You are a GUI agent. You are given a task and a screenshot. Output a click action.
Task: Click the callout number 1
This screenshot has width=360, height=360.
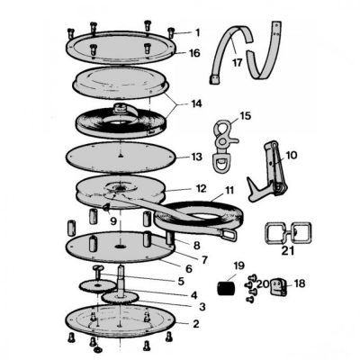pyautogui.click(x=197, y=32)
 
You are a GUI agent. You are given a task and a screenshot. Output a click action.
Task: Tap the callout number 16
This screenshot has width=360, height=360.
pyautogui.click(x=194, y=53)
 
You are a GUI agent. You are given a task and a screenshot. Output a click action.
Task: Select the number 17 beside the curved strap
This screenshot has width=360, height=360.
pyautogui.click(x=237, y=63)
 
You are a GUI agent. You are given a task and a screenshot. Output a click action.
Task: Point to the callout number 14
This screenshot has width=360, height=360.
pyautogui.click(x=196, y=103)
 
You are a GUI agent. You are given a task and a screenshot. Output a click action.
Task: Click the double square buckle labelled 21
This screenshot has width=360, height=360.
pyautogui.click(x=288, y=232)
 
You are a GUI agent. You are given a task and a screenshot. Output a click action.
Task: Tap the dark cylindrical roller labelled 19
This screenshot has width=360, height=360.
pyautogui.click(x=226, y=288)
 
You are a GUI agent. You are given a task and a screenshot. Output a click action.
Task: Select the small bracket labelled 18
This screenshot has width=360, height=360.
pyautogui.click(x=279, y=287)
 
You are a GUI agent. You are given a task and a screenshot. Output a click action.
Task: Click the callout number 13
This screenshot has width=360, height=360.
pyautogui.click(x=196, y=157)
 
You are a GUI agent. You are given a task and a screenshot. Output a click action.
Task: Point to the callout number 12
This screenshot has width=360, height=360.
pyautogui.click(x=201, y=189)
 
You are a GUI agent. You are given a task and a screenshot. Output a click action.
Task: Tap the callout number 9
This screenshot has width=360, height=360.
pyautogui.click(x=113, y=221)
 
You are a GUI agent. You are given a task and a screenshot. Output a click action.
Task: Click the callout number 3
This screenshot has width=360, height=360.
pyautogui.click(x=202, y=307)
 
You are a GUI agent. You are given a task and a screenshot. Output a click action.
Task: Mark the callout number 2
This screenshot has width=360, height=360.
pyautogui.click(x=195, y=324)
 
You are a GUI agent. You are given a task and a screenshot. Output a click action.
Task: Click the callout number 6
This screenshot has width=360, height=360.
pyautogui.click(x=188, y=269)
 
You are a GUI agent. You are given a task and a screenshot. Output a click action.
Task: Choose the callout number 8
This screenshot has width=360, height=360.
pyautogui.click(x=197, y=246)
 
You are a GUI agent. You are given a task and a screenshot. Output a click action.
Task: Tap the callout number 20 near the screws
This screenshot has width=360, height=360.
pyautogui.click(x=263, y=283)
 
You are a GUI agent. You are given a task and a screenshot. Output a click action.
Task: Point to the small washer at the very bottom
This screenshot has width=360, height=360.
pyautogui.click(x=97, y=350)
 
